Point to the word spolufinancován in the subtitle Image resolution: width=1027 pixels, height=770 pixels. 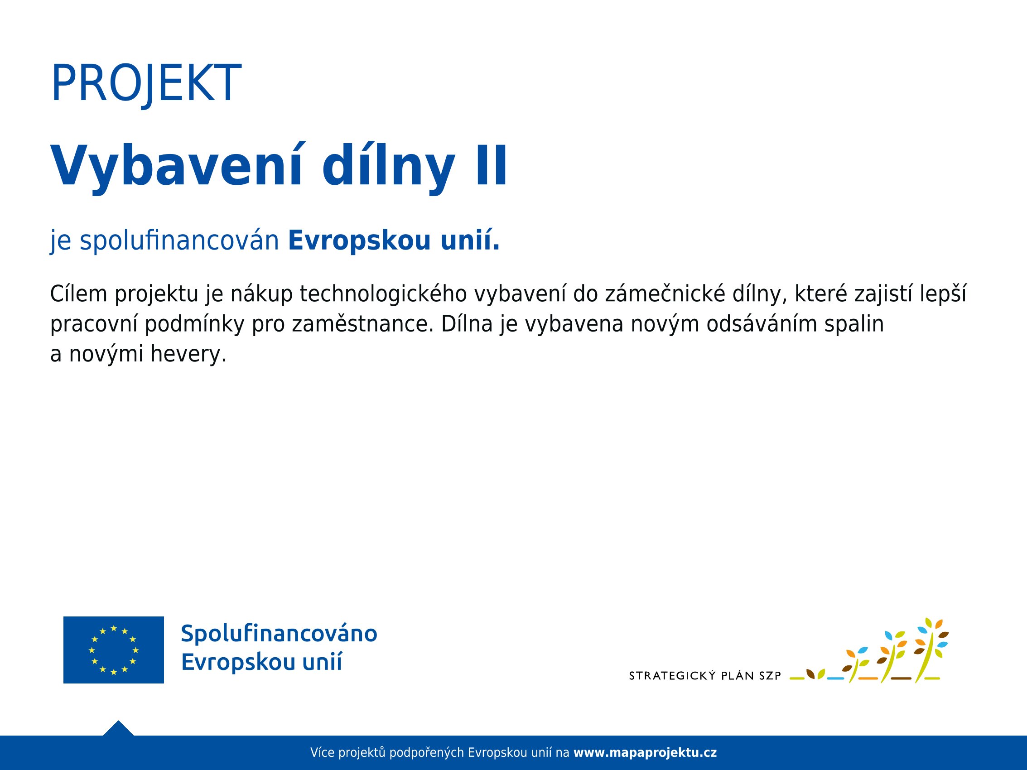[179, 241]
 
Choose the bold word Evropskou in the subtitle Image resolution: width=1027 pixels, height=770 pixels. [359, 241]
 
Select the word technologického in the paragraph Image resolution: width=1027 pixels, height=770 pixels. [383, 294]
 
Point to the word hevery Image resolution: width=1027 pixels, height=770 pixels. [188, 355]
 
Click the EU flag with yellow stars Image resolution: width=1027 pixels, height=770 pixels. [114, 650]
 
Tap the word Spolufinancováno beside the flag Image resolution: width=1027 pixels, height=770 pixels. [279, 634]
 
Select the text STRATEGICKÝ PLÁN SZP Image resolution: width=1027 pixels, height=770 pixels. [705, 676]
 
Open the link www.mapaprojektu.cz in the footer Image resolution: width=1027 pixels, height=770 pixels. [646, 753]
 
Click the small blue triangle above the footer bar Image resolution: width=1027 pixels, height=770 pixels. [118, 729]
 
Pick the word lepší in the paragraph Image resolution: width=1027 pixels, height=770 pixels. [950, 294]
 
